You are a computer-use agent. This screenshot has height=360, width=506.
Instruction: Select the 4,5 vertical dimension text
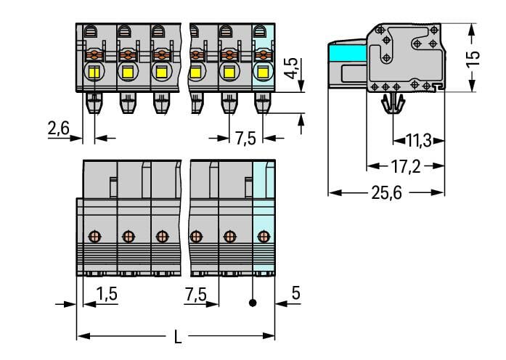pos(290,68)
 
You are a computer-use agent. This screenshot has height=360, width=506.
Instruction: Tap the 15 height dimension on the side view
pos(473,58)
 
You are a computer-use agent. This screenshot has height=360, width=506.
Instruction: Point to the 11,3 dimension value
pos(417,140)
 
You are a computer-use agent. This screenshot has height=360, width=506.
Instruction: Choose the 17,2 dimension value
pos(405,167)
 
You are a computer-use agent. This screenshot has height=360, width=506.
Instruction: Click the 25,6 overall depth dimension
pos(386,194)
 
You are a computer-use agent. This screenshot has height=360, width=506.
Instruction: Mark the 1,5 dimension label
pos(107,294)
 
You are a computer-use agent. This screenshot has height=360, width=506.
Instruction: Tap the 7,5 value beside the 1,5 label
pos(195,294)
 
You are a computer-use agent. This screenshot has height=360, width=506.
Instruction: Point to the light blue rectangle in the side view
pos(346,53)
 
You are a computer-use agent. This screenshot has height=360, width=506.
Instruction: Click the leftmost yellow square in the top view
pos(94,72)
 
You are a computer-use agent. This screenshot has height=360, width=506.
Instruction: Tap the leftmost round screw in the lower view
pos(94,236)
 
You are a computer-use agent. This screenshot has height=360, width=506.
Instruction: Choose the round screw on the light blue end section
pos(263,236)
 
